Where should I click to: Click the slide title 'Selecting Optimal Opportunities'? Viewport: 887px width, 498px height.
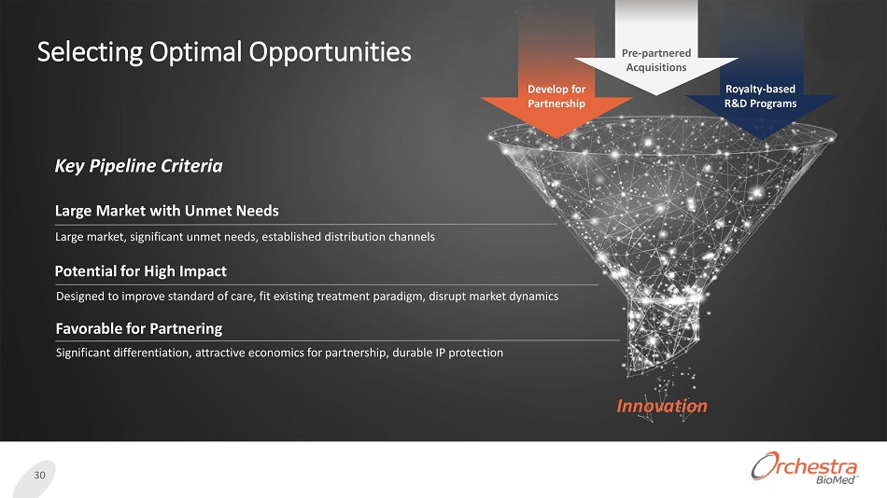[224, 52]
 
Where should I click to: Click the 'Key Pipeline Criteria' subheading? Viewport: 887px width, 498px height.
[138, 166]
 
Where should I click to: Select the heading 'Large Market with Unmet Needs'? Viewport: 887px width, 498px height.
[167, 211]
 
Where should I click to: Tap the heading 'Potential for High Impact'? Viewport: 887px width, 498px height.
[141, 271]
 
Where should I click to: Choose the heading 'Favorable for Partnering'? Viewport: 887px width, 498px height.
[139, 328]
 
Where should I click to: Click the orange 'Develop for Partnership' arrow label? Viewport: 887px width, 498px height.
[556, 96]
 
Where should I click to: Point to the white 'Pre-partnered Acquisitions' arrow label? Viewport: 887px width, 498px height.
[656, 60]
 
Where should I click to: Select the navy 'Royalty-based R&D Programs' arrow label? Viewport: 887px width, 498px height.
[760, 96]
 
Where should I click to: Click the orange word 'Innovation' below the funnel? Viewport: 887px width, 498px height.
[662, 406]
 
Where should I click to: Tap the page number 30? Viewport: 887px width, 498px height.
[39, 475]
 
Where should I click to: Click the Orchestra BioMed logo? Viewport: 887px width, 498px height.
[805, 468]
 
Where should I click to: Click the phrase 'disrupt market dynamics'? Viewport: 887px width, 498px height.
[493, 297]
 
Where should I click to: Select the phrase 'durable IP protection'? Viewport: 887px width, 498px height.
[447, 353]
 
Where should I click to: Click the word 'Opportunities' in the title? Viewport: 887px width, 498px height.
[331, 52]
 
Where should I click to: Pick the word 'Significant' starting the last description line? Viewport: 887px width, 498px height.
[82, 353]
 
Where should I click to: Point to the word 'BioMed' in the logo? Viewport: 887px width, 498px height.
[836, 480]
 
